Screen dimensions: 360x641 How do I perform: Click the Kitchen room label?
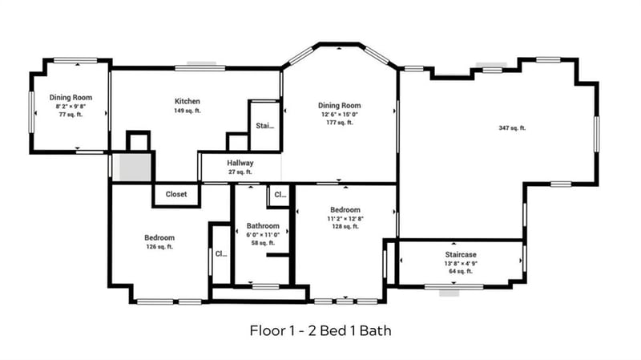187,102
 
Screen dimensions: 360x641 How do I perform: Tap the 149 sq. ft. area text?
187,111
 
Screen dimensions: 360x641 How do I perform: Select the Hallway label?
240,163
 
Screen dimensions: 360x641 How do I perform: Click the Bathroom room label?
263,226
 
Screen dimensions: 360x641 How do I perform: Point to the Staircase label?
461,254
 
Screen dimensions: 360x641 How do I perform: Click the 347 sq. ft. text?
511,128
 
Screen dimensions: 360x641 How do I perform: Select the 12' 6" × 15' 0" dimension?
339,114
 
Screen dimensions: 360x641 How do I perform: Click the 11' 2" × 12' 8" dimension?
345,218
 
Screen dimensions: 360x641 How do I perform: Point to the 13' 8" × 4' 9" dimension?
461,263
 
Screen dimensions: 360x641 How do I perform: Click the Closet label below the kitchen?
176,194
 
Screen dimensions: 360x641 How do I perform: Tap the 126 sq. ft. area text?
159,247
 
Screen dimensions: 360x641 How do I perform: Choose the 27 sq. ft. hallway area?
240,172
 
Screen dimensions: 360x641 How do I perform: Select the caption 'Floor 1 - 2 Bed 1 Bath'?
320,330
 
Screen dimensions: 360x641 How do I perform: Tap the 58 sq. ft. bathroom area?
263,242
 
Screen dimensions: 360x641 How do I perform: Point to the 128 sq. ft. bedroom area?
345,227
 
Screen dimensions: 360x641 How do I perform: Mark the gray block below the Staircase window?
449,293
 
